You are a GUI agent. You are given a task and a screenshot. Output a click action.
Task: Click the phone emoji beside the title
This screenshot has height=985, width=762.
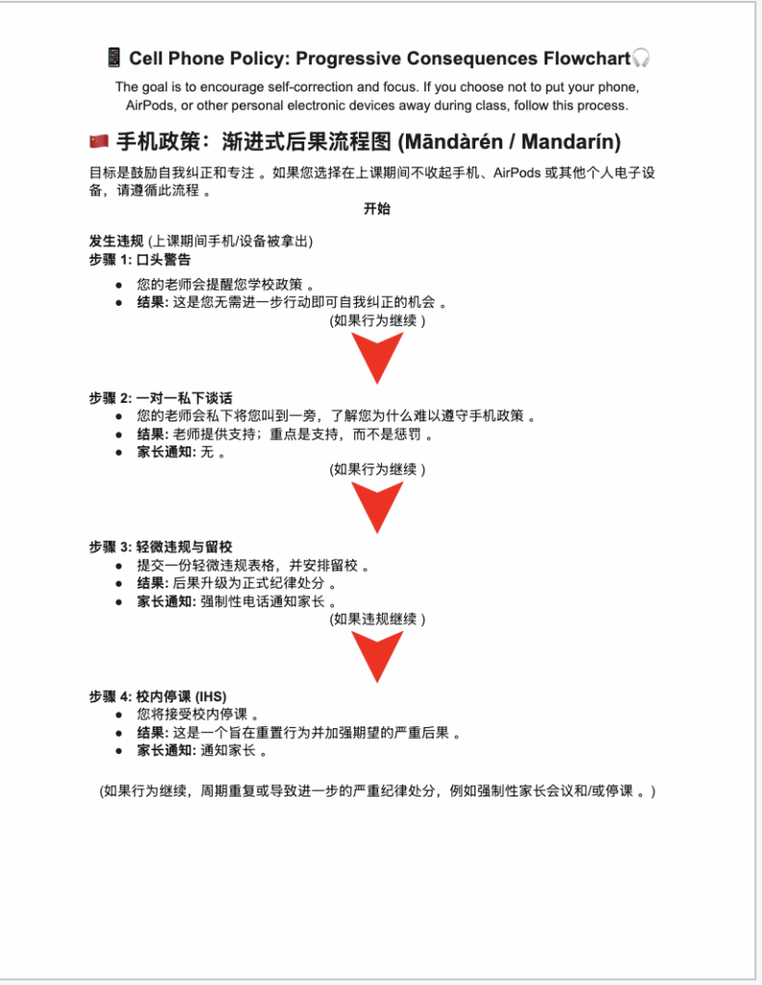point(113,59)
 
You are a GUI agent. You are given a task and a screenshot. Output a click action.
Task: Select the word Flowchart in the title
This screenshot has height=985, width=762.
point(581,59)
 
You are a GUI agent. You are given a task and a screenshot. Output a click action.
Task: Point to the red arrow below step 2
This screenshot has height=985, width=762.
point(376,507)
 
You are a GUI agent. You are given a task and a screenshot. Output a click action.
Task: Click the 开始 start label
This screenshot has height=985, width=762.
point(376,209)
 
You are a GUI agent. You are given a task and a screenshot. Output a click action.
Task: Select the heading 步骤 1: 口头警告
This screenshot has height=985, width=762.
point(140,260)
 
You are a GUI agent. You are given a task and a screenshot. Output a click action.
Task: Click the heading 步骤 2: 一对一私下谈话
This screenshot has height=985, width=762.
point(161,398)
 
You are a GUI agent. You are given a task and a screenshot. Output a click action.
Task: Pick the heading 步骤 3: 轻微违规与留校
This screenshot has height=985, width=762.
point(161,546)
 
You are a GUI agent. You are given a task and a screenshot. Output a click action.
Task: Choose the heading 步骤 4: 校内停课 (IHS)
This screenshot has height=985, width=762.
point(158,696)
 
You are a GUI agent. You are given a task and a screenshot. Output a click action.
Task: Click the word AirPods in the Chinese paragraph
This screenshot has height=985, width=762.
point(519,173)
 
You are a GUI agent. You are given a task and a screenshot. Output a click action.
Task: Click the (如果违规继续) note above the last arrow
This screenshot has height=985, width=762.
point(376,619)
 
